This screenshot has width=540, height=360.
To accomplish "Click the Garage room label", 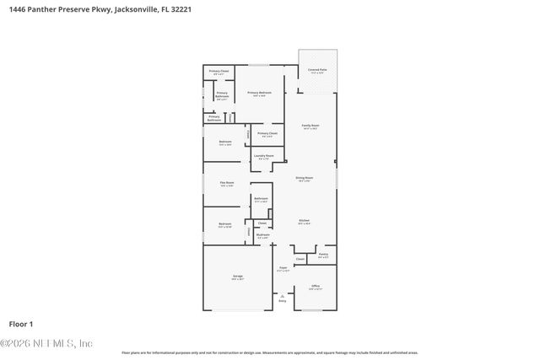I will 238,277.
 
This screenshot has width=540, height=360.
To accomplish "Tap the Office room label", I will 315,287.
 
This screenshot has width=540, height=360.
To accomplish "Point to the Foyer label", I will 283,269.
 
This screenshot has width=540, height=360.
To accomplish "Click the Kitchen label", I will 304,222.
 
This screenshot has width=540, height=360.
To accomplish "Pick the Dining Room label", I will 305,178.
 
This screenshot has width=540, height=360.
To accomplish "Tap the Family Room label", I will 310,126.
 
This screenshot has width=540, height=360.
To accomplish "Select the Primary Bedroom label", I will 259,93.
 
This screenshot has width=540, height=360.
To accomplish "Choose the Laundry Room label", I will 264,156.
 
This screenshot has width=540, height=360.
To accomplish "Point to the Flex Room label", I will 227,183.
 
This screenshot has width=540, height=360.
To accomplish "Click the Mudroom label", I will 263,235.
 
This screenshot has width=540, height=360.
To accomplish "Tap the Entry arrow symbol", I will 283,295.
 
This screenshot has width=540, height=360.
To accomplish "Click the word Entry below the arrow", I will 283,301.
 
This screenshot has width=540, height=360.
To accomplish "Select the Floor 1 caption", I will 20,324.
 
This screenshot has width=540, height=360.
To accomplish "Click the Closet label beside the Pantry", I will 300,260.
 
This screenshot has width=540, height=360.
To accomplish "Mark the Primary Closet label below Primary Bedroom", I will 266,133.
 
